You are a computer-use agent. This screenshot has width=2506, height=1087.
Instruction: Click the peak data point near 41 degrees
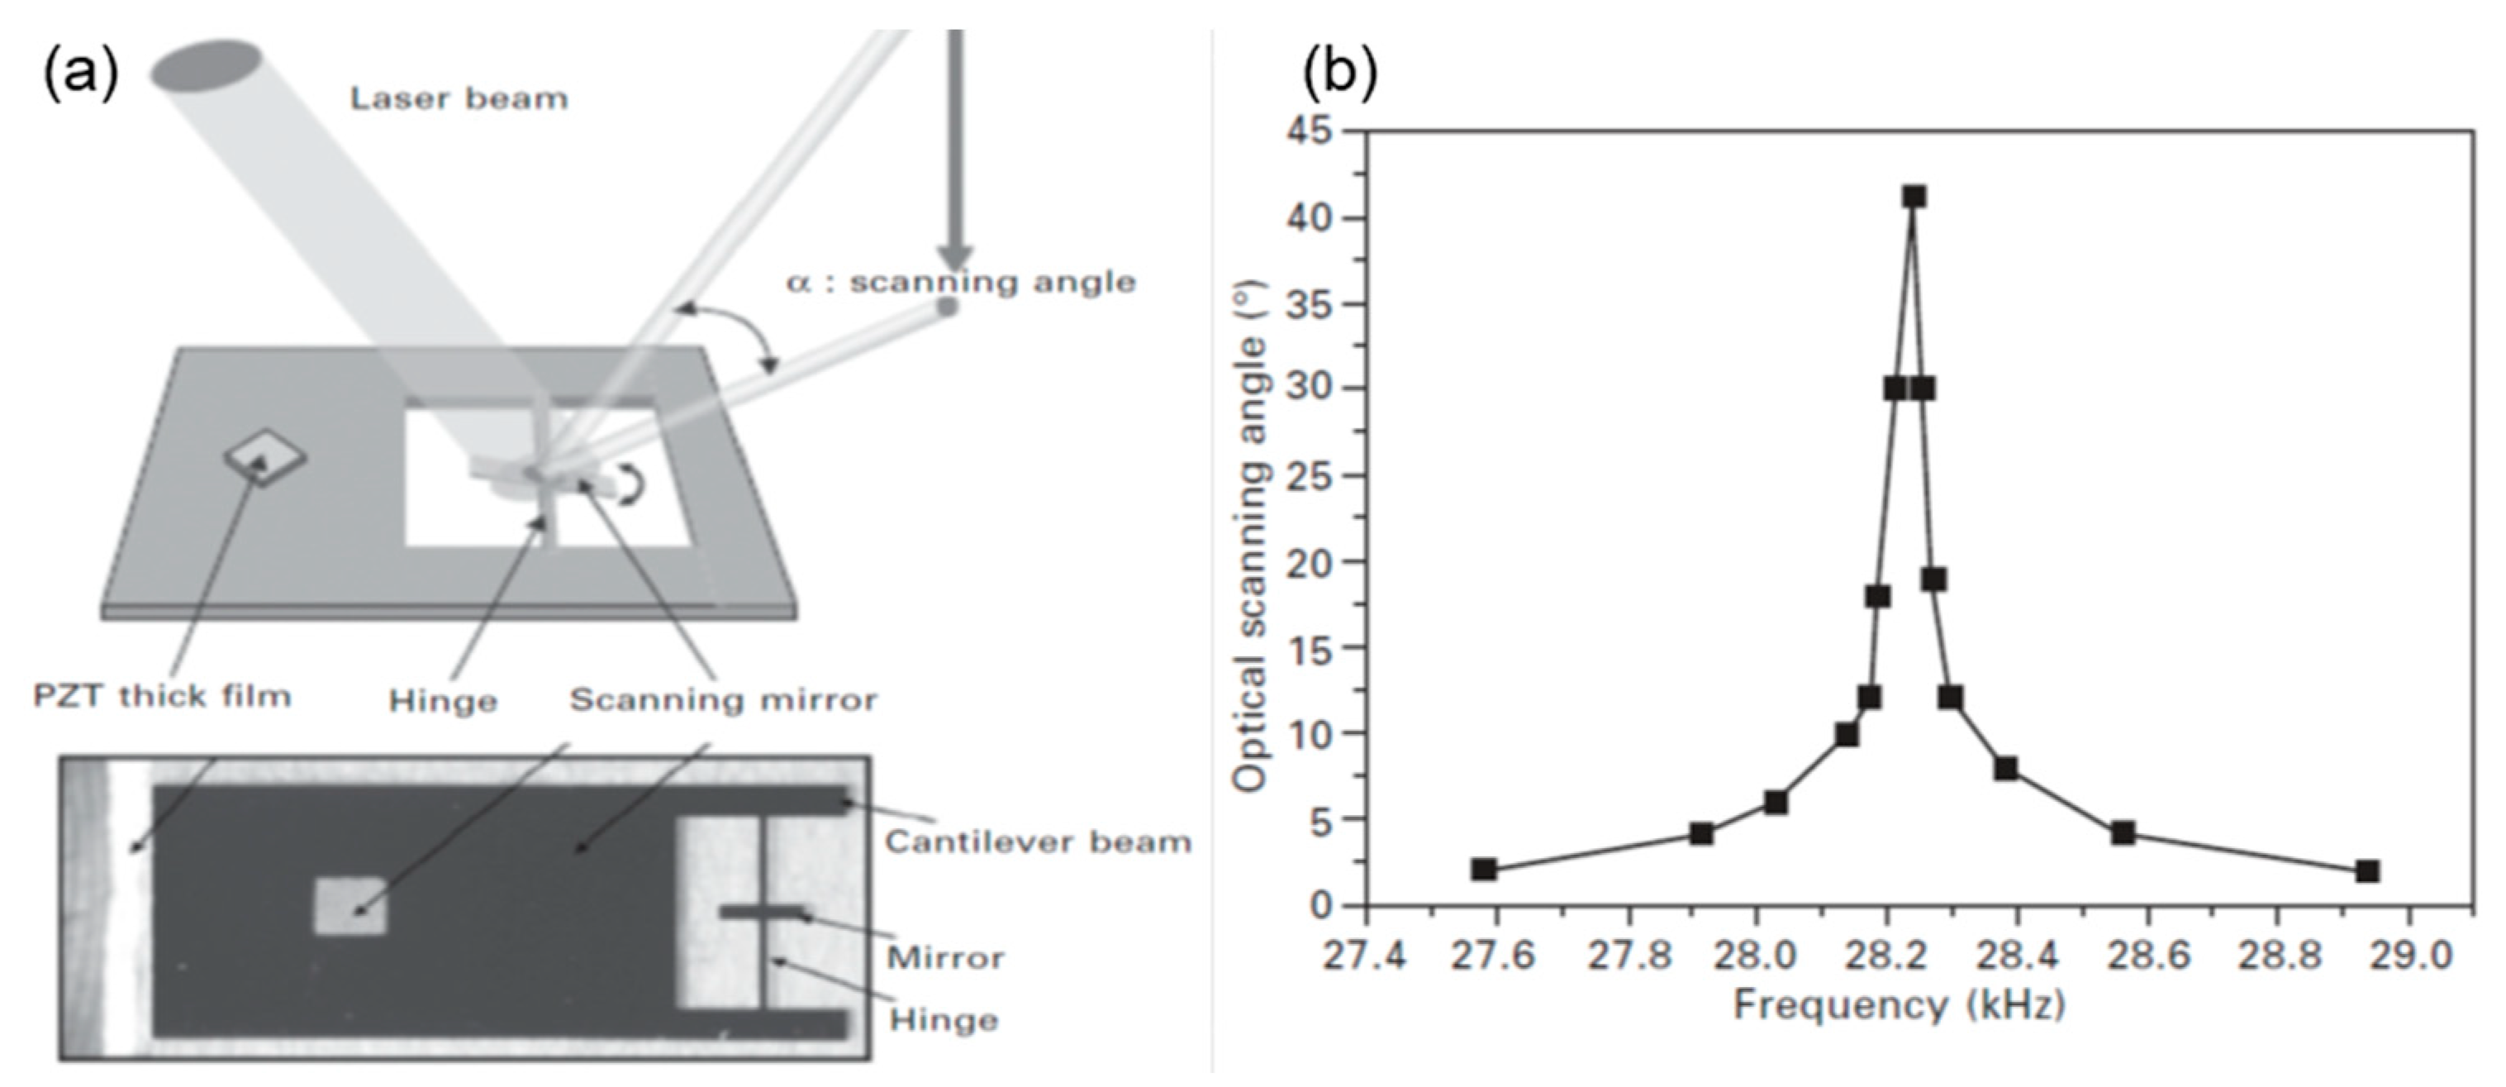click(x=1914, y=197)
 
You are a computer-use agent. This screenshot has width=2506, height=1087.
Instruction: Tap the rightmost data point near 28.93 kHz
click(x=2368, y=871)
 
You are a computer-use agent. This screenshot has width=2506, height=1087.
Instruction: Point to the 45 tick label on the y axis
click(x=1312, y=131)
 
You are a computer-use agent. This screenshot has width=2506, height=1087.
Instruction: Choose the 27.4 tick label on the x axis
click(x=1365, y=956)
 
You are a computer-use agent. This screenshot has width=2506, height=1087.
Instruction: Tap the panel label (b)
click(x=1340, y=73)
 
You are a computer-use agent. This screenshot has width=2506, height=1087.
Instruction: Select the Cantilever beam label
click(x=1037, y=841)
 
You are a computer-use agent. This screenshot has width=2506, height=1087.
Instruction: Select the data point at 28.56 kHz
click(x=2123, y=833)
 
